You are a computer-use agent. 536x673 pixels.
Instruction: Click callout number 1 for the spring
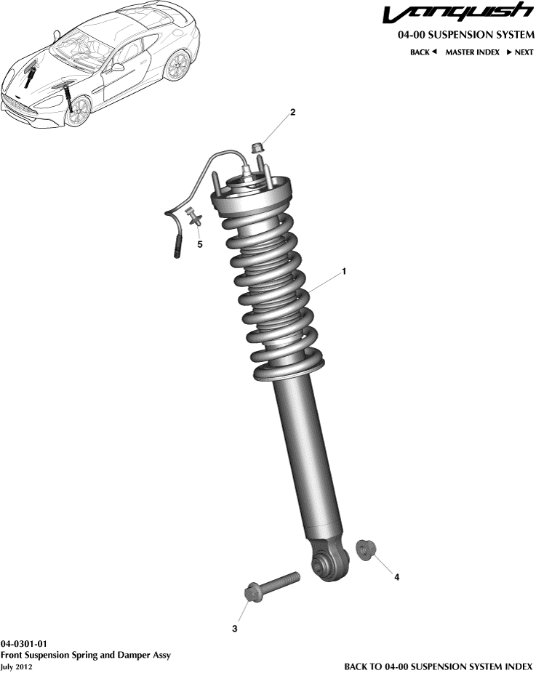click(x=344, y=272)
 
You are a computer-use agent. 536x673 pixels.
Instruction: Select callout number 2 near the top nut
click(x=292, y=113)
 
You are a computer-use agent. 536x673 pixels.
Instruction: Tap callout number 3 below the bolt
click(x=235, y=629)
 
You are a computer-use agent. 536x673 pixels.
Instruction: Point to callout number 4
click(x=396, y=577)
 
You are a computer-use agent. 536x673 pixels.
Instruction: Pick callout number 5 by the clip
click(x=200, y=244)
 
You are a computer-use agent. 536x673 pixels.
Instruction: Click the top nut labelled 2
click(x=257, y=149)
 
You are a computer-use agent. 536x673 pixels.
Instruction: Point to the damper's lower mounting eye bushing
click(x=321, y=563)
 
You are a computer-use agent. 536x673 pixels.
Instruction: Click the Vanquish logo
click(x=457, y=14)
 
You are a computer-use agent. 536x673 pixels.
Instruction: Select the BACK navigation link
click(x=423, y=52)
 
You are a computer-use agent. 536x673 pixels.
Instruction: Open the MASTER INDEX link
click(x=472, y=52)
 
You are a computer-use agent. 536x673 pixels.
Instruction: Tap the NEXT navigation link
click(x=519, y=52)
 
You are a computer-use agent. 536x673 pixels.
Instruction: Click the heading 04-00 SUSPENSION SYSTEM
click(x=465, y=35)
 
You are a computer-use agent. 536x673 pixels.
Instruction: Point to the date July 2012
click(x=16, y=666)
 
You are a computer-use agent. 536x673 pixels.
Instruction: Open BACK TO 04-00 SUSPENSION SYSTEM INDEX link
click(x=439, y=666)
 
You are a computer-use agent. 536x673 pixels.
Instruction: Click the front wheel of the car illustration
click(x=78, y=110)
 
